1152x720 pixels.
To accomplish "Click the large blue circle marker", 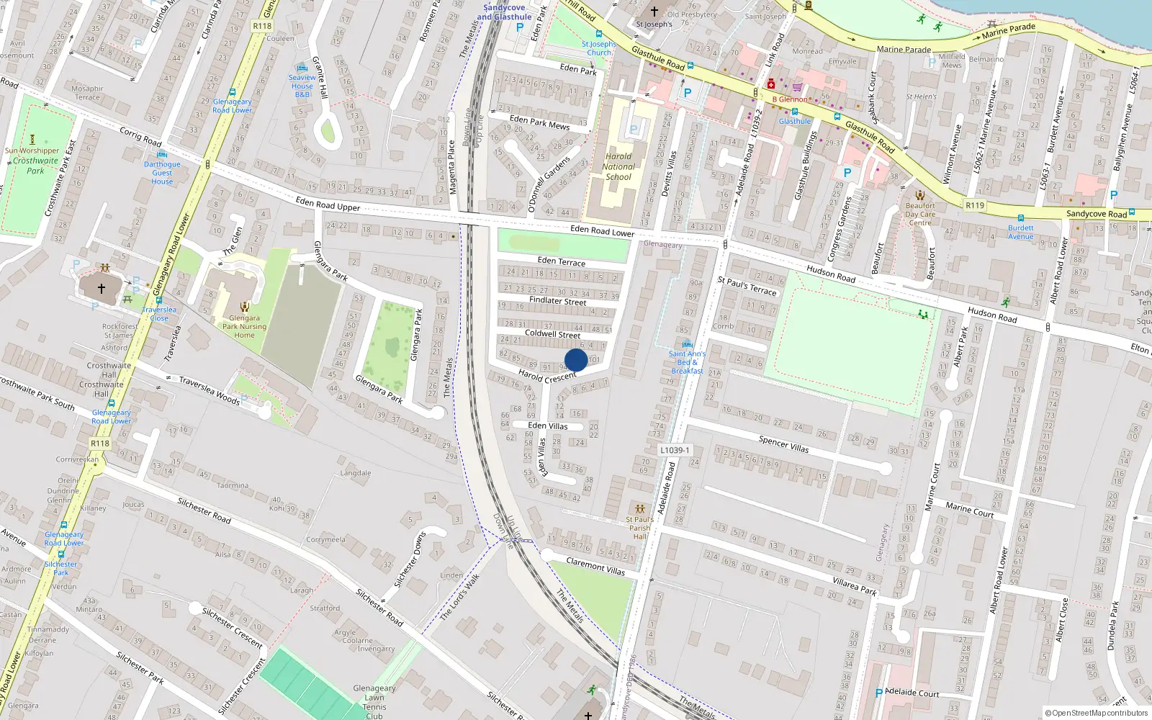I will tap(576, 360).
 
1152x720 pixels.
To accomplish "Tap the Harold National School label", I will tap(618, 166).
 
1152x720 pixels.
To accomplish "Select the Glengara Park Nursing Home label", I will tap(244, 326).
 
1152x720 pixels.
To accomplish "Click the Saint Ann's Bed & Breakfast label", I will tap(687, 362).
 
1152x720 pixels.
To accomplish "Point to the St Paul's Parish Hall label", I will tap(639, 528).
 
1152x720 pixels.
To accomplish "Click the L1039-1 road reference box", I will tap(675, 450).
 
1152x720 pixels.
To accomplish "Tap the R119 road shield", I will tap(975, 205).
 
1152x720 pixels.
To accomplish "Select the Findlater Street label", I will tap(557, 301).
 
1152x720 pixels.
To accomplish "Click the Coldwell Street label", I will tap(552, 334).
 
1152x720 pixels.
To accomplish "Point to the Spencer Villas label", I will tap(783, 444).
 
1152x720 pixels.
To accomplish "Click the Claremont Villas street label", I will tap(595, 566).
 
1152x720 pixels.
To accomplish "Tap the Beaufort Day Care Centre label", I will tap(920, 214).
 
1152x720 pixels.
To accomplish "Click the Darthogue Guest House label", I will tap(162, 173).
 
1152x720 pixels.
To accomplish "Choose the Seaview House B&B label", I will tap(302, 86).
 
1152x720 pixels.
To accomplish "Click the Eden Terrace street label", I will tap(561, 261).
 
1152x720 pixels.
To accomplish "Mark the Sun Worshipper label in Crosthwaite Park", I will tap(32, 150).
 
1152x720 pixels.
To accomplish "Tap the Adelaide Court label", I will tap(912, 693).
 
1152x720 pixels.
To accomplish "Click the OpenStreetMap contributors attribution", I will tap(1097, 713).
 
